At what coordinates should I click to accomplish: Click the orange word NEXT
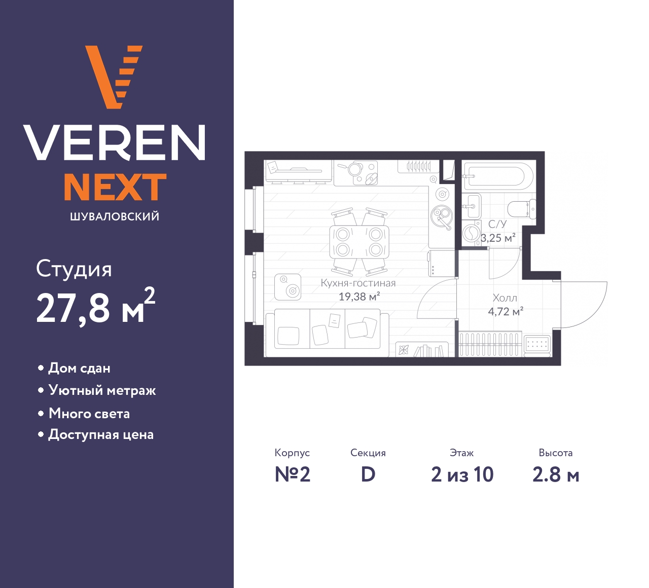pos(115,187)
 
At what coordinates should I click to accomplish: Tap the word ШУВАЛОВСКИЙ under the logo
pos(115,216)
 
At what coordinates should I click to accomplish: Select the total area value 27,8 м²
pos(96,306)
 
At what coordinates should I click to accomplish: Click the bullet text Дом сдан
pos(79,369)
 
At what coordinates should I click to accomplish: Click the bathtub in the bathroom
pos(498,176)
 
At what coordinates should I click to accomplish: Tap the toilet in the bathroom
pos(522,209)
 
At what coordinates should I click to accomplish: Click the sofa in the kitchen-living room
pos(327,329)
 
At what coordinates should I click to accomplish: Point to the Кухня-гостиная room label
pos(358,283)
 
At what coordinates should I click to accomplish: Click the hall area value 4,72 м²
pos(506,311)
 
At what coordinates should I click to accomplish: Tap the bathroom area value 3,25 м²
pos(498,238)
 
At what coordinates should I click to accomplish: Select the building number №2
pos(293,474)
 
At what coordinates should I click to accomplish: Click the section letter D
pos(368,474)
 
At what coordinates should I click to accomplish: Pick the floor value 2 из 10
pos(462,474)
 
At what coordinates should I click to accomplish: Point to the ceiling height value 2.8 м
pos(556,474)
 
